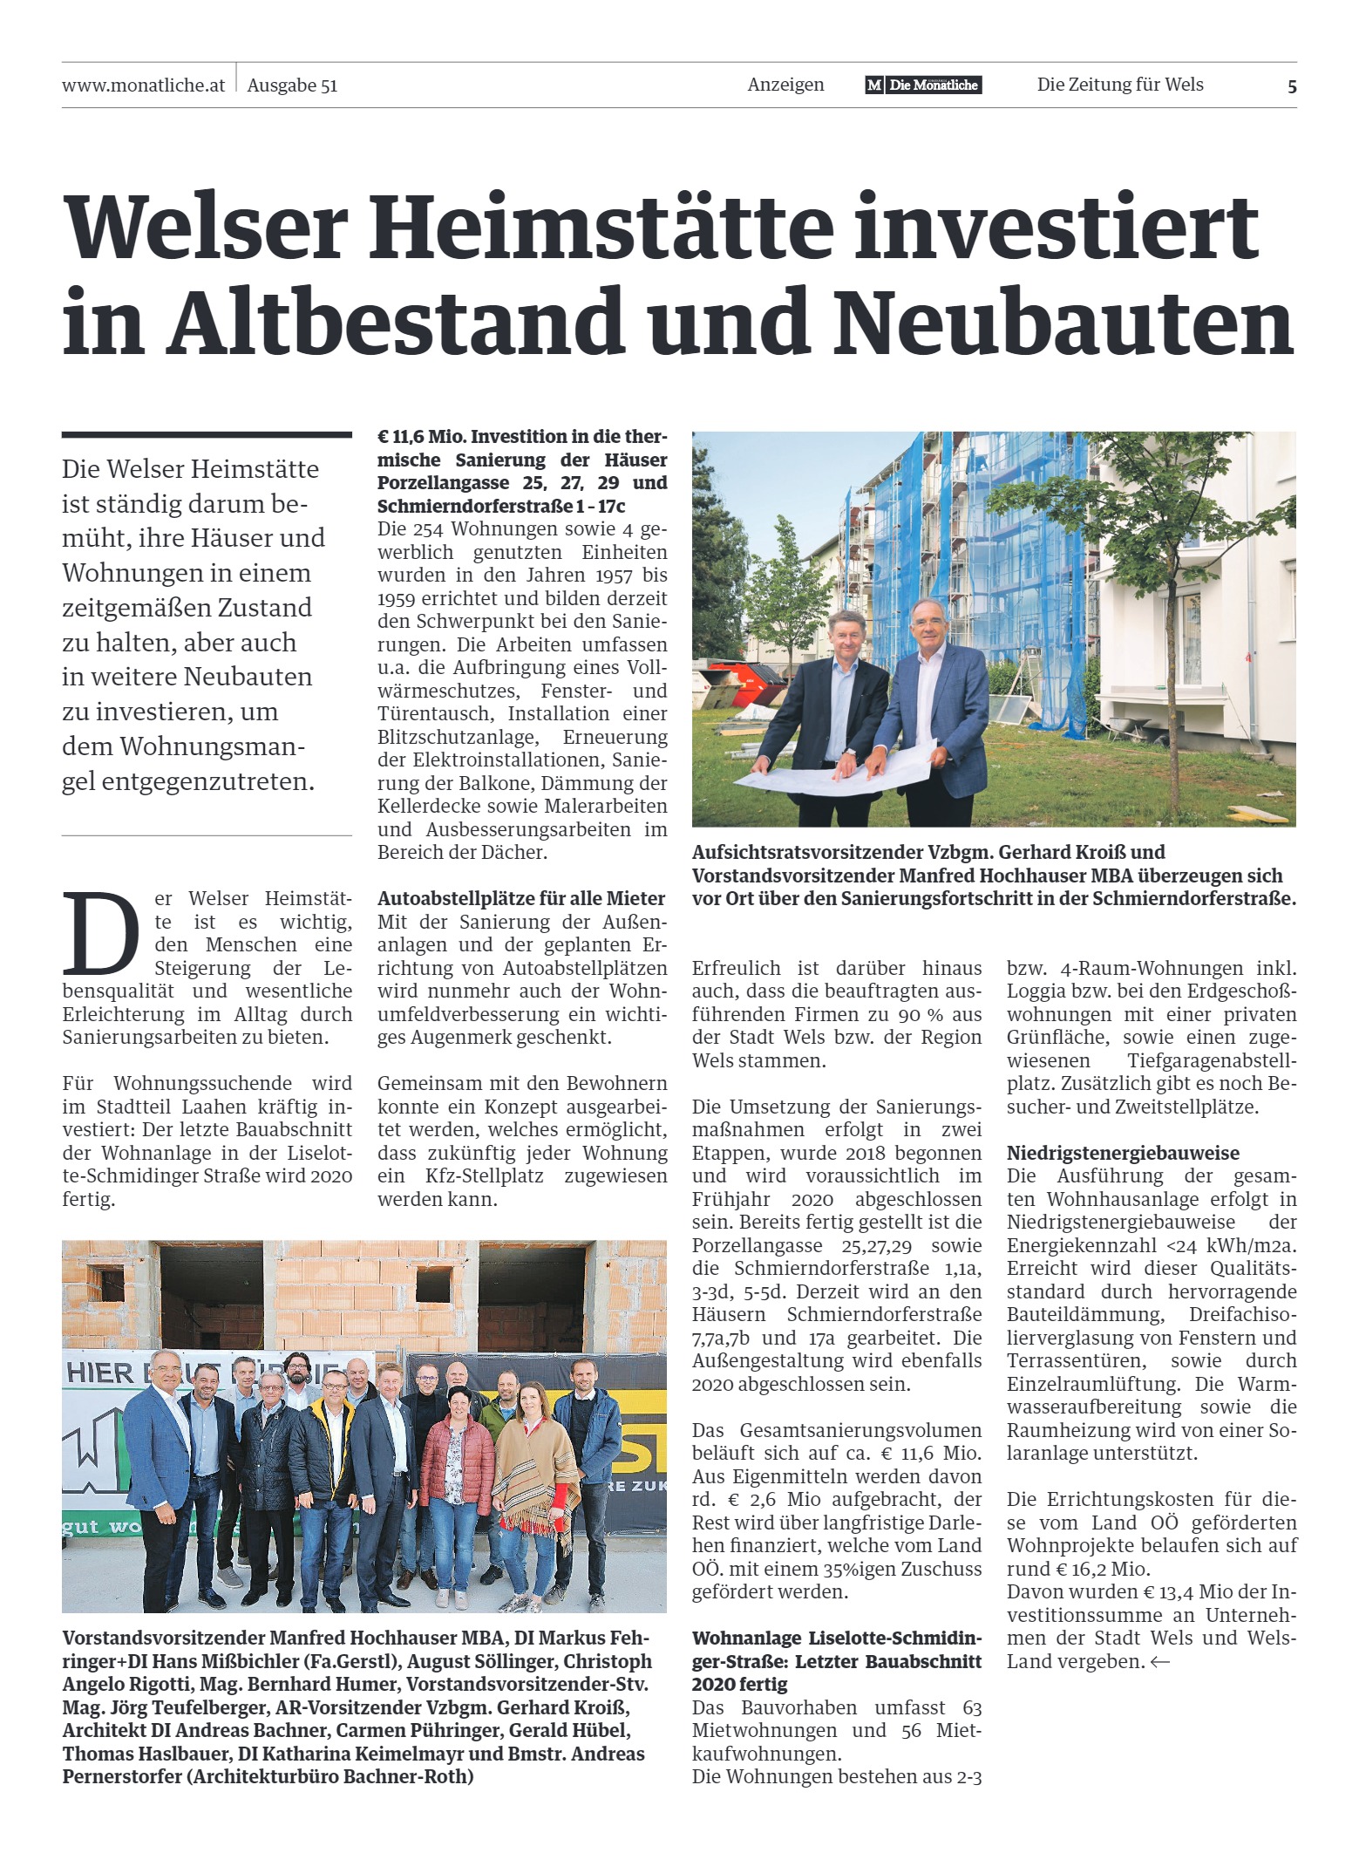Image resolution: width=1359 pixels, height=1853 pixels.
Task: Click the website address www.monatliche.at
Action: [143, 85]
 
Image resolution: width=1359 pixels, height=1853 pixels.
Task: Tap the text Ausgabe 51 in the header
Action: [292, 85]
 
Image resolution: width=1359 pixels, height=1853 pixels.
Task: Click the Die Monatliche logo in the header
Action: [923, 85]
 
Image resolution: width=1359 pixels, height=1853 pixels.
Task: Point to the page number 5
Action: [1292, 86]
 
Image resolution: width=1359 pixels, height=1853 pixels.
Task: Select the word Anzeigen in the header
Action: [785, 85]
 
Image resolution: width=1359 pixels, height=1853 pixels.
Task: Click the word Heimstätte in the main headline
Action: [601, 227]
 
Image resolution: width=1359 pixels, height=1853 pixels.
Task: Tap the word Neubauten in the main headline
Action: [1063, 323]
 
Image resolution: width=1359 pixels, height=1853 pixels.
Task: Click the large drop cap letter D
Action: [101, 933]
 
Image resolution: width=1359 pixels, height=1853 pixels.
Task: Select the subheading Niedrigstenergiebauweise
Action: [1123, 1153]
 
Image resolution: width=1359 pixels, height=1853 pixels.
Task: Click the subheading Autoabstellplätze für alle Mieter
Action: [521, 898]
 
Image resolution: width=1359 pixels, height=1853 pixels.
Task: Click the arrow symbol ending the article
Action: [1160, 1662]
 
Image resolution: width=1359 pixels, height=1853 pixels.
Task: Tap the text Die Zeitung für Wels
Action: [1120, 85]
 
